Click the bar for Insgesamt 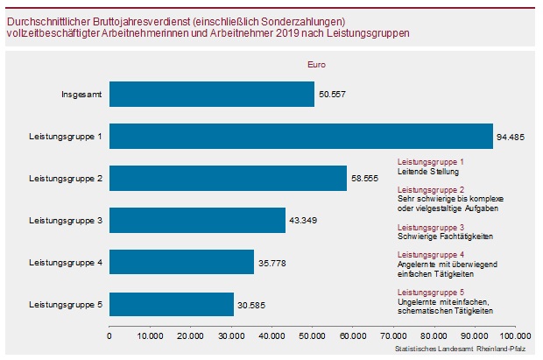211,94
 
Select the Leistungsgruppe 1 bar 301,136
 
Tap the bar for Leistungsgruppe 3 197,220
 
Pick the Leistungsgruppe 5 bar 172,304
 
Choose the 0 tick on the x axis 109,335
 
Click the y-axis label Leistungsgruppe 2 66,179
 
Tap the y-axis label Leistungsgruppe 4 66,263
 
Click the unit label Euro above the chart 316,65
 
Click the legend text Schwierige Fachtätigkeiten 445,237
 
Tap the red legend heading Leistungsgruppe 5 431,292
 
